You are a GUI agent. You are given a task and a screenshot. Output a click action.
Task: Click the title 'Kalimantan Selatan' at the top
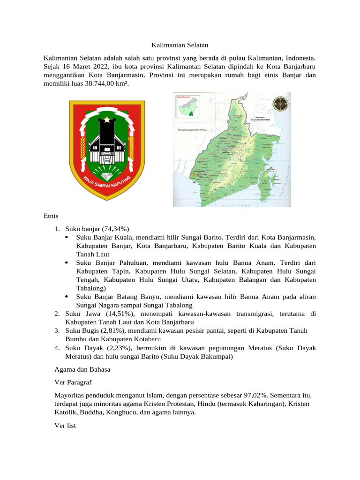point(180,45)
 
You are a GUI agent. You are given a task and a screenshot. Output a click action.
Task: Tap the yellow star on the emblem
point(108,120)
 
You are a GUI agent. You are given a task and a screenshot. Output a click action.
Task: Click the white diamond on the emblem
point(108,177)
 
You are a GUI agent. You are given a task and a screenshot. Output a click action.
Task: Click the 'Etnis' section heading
point(51,216)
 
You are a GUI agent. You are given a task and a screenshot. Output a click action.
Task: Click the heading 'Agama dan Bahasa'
point(82,369)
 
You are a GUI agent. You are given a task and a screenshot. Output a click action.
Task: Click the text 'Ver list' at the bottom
point(65,426)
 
